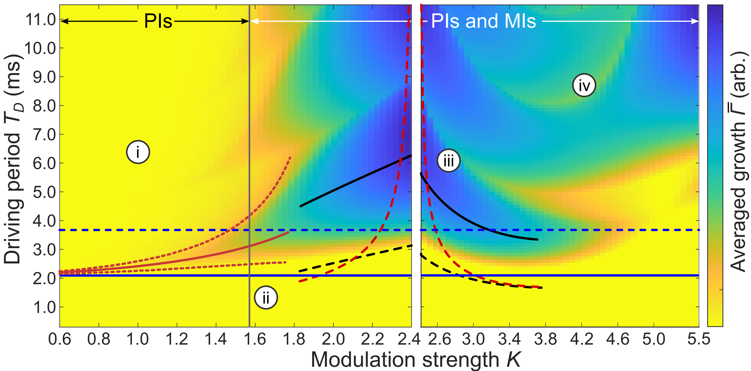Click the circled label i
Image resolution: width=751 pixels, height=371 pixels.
(138, 152)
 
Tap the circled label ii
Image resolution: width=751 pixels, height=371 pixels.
(266, 298)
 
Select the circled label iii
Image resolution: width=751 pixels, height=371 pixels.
(448, 161)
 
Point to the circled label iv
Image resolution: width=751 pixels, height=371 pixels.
(584, 85)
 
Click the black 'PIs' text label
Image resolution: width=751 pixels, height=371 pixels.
(158, 21)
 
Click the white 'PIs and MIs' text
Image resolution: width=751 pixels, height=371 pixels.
(483, 21)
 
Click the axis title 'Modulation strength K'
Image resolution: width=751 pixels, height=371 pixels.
(416, 360)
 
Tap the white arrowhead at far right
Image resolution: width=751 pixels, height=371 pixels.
(695, 21)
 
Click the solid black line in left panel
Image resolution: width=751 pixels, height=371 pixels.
(356, 181)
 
